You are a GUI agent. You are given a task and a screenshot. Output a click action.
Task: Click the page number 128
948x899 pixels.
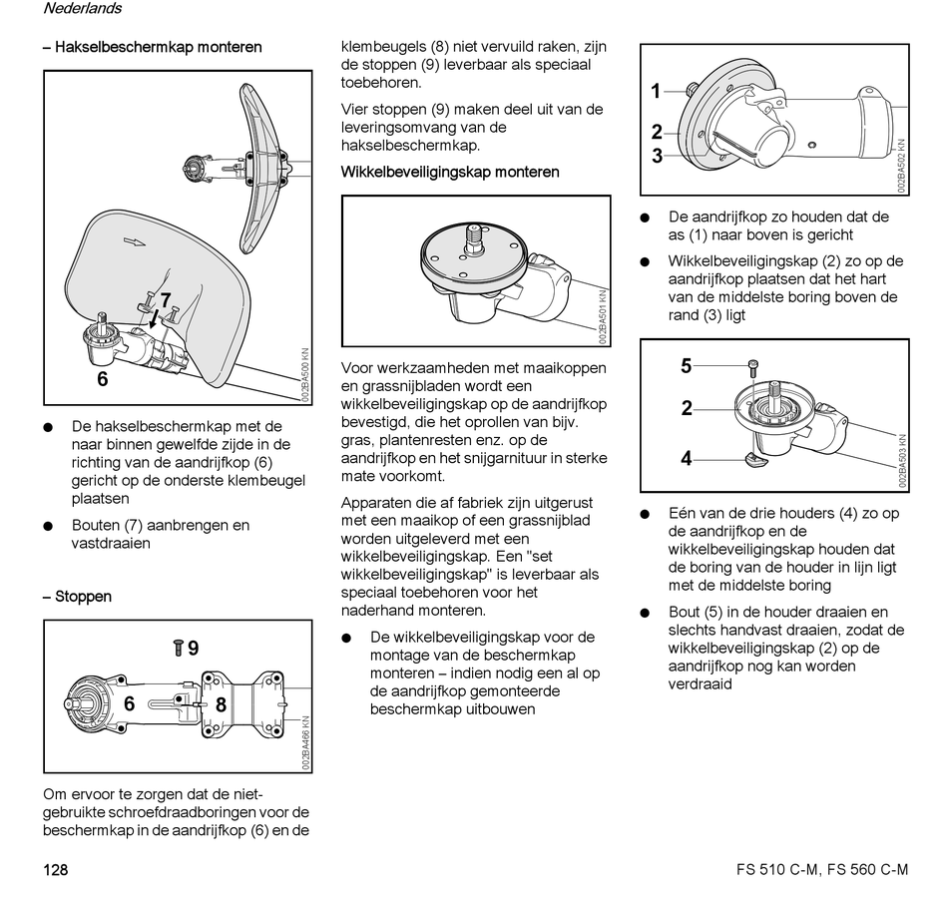click(55, 870)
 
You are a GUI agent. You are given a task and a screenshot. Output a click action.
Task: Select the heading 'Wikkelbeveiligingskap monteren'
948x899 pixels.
click(450, 172)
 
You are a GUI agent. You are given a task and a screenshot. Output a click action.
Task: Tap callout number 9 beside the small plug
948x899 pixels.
click(193, 649)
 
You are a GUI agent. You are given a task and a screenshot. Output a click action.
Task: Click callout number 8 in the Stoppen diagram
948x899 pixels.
click(221, 704)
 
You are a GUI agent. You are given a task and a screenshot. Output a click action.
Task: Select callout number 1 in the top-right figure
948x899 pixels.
click(657, 92)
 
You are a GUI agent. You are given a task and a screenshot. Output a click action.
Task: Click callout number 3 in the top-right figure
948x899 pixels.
click(657, 156)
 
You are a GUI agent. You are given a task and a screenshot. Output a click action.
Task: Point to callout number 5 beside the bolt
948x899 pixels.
click(686, 366)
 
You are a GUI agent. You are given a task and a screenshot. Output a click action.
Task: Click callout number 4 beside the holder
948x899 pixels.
click(686, 459)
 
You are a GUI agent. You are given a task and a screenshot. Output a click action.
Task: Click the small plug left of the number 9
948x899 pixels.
click(177, 649)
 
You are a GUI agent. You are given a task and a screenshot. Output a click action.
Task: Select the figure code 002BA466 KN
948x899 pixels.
click(304, 742)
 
